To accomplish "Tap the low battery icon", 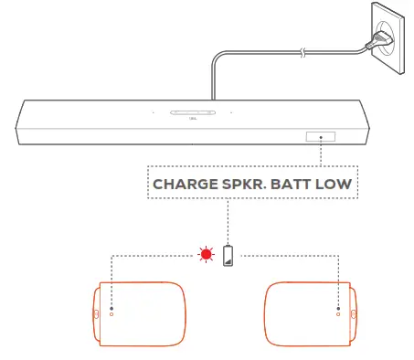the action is point(227,254).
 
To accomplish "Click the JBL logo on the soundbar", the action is point(191,119).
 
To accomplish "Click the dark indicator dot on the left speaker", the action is point(111,310).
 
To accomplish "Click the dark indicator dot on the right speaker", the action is point(338,310).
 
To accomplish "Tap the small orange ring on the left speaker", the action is point(111,319).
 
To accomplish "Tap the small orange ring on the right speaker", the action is point(338,319).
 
